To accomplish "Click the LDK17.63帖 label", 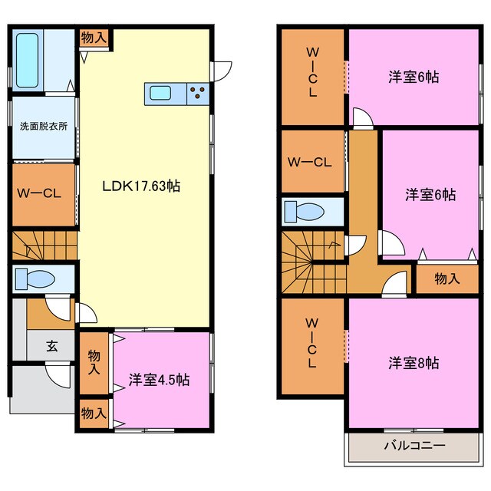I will pyautogui.click(x=143, y=186).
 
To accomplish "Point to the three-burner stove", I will pyautogui.click(x=196, y=94).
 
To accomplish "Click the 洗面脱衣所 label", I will pyautogui.click(x=43, y=127).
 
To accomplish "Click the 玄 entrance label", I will pyautogui.click(x=51, y=345).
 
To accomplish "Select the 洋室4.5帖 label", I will pyautogui.click(x=160, y=380).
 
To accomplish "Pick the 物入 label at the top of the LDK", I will pyautogui.click(x=94, y=37).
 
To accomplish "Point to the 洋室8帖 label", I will pyautogui.click(x=414, y=363).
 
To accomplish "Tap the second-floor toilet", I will pyautogui.click(x=311, y=210).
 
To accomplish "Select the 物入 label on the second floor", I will pyautogui.click(x=447, y=278).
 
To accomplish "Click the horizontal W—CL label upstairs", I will pyautogui.click(x=309, y=162).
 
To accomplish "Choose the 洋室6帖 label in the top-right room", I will pyautogui.click(x=414, y=77).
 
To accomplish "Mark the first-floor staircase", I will pyautogui.click(x=43, y=245).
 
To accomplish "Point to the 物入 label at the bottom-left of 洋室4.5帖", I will pyautogui.click(x=94, y=413).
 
